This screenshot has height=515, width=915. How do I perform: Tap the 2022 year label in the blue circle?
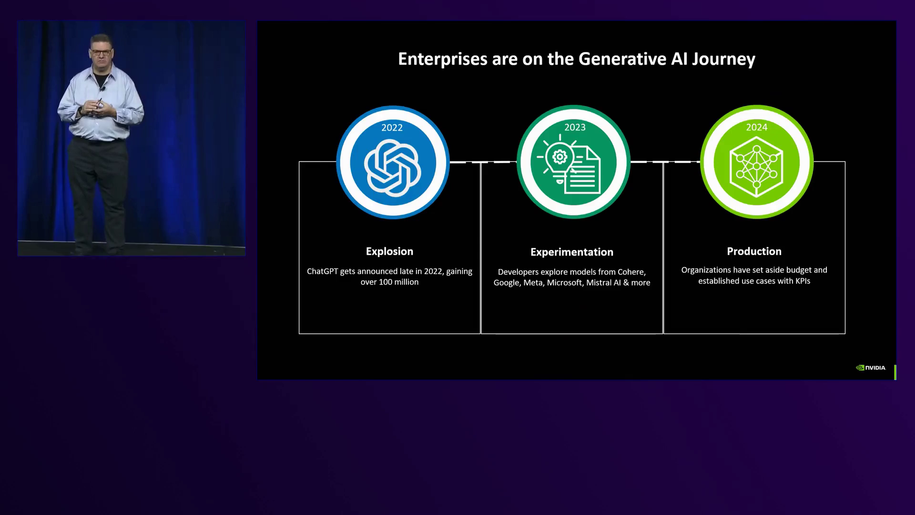(x=392, y=128)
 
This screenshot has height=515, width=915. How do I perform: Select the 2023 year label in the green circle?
(x=575, y=127)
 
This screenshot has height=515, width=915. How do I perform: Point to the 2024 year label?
(x=757, y=127)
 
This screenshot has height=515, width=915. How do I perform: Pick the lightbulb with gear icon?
(x=559, y=160)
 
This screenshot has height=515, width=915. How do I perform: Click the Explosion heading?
(x=389, y=252)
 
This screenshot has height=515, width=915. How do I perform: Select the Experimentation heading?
(x=572, y=252)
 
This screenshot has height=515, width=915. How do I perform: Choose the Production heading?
(x=754, y=251)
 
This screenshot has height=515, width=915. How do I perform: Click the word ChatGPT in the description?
(x=322, y=271)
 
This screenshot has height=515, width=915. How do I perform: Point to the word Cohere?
(x=631, y=272)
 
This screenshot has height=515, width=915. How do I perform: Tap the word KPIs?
(x=803, y=281)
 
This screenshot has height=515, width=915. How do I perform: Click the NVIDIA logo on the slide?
(x=871, y=368)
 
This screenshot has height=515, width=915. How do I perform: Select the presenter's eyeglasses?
(x=102, y=51)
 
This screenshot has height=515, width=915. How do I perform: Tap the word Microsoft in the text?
(x=564, y=283)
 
